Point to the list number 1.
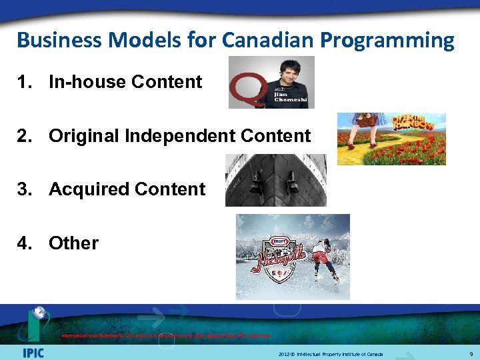point(25,82)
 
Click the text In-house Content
point(125,82)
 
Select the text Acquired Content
point(127,189)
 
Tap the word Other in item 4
point(73,243)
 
